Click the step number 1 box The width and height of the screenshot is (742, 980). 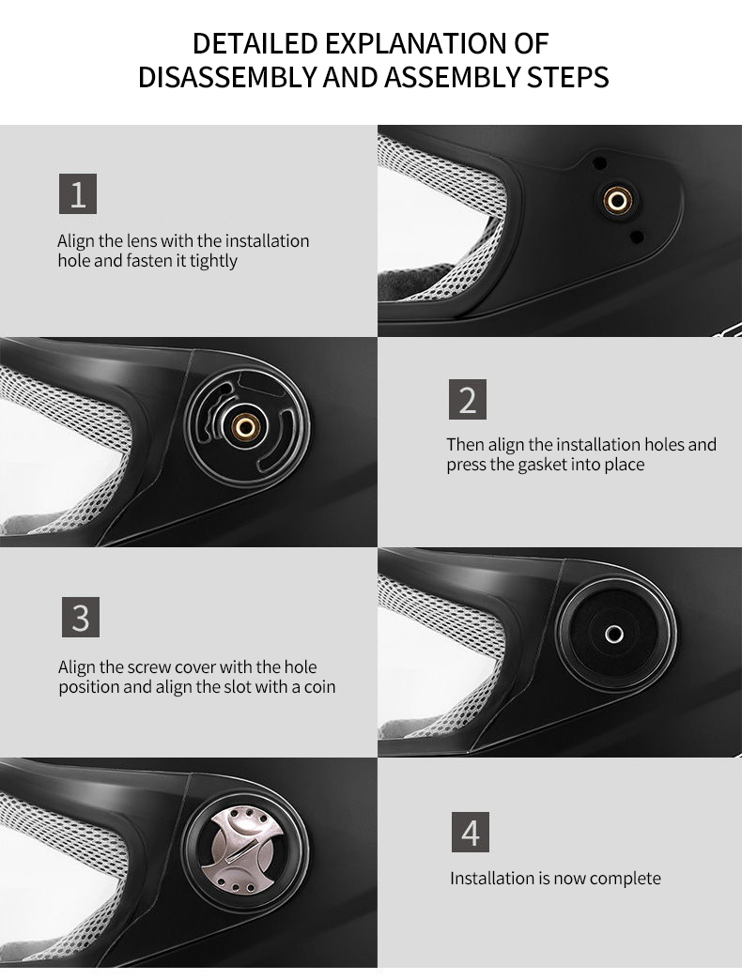78,193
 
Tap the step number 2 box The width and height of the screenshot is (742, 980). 468,399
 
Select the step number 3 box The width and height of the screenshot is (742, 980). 81,617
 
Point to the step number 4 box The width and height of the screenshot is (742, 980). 471,832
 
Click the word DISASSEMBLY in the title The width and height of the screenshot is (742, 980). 227,77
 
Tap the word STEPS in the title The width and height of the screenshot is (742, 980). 567,77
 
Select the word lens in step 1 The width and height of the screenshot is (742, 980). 141,240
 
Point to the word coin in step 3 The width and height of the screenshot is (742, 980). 319,687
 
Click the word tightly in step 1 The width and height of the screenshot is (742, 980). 213,261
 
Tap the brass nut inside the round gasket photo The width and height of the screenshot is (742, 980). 246,428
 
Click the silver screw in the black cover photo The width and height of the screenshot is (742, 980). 614,635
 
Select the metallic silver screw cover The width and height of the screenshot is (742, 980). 245,849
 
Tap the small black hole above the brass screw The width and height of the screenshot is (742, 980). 599,163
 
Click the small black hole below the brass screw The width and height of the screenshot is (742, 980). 637,237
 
